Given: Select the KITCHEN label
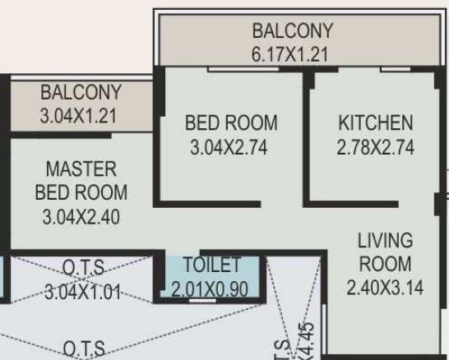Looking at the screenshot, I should pos(375,123).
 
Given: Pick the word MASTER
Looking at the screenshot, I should pos(81,169).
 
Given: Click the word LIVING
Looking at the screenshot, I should pos(385,241).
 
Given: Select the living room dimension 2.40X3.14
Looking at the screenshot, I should pos(385,288).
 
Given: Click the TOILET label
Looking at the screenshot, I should pos(211,265).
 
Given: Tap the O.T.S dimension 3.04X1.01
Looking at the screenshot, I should pos(82,292).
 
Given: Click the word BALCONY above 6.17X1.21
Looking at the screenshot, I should pos(292,31).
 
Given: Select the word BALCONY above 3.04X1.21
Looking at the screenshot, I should pos(81,92).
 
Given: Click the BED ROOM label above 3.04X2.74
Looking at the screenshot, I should pos(231,123).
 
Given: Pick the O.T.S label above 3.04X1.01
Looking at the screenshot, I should pos(82,268).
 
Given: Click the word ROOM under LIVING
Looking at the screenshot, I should pos(385,264).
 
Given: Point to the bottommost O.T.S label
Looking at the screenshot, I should pos(82,350).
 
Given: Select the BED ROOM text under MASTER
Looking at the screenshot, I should pos(81,193).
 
